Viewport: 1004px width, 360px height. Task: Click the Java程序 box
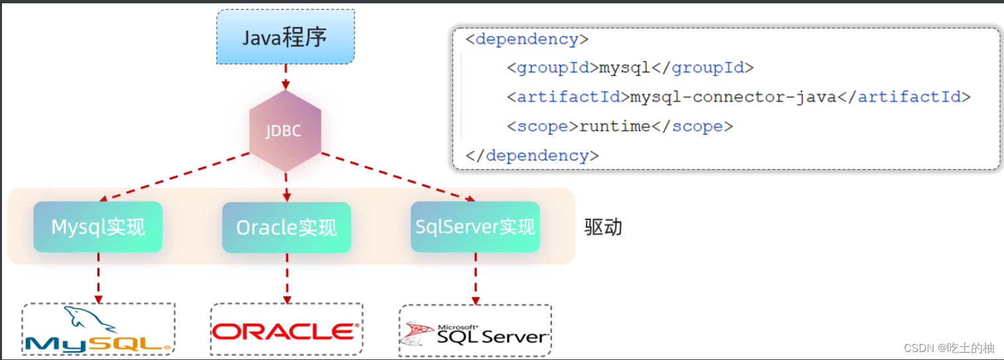286,37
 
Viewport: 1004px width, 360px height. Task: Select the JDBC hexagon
285,131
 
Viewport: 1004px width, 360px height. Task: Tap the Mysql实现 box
98,227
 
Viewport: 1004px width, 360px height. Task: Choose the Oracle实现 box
286,227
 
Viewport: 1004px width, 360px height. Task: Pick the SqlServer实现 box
475,227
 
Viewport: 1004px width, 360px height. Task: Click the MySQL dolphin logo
98,330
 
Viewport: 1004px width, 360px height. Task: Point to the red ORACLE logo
286,330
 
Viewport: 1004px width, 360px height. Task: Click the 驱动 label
603,227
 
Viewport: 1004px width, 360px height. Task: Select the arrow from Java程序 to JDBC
286,76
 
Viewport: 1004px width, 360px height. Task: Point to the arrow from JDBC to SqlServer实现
398,177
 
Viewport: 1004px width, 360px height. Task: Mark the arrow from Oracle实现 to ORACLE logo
286,277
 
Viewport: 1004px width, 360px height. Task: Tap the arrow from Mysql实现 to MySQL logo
98,277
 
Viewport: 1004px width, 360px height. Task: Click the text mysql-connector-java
733,97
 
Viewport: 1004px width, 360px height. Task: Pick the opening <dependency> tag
527,39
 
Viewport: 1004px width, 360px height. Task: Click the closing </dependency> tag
532,156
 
